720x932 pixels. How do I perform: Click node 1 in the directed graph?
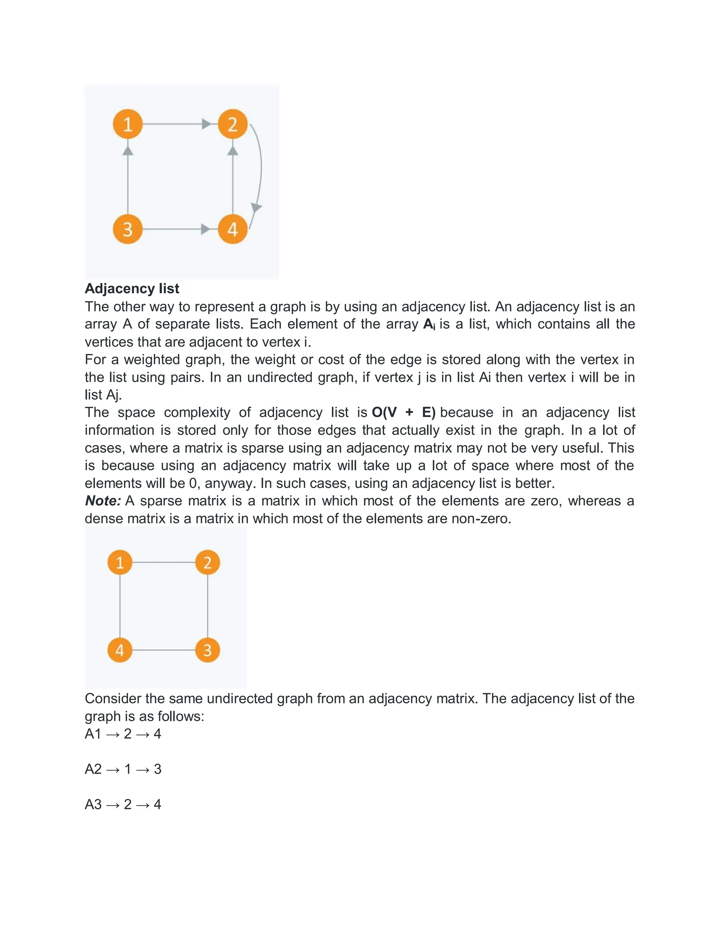click(128, 124)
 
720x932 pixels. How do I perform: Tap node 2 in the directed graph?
click(232, 124)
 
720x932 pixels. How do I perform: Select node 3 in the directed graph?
click(128, 229)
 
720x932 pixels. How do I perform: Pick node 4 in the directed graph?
click(232, 229)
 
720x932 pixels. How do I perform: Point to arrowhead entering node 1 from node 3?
click(128, 151)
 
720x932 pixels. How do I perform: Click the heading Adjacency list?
click(132, 288)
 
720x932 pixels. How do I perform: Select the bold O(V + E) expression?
click(403, 412)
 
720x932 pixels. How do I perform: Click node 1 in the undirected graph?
click(120, 562)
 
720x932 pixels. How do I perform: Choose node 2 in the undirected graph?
click(207, 562)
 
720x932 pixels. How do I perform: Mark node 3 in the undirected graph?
click(207, 650)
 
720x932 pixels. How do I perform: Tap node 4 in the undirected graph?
click(120, 650)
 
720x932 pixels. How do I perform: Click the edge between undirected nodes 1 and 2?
click(163, 562)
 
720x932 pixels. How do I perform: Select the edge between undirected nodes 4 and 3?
click(163, 650)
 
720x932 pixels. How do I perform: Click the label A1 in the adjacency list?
click(93, 734)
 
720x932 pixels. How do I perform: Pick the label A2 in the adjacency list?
click(93, 769)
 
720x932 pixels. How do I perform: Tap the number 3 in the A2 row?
click(157, 769)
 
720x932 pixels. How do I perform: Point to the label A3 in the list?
click(93, 804)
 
